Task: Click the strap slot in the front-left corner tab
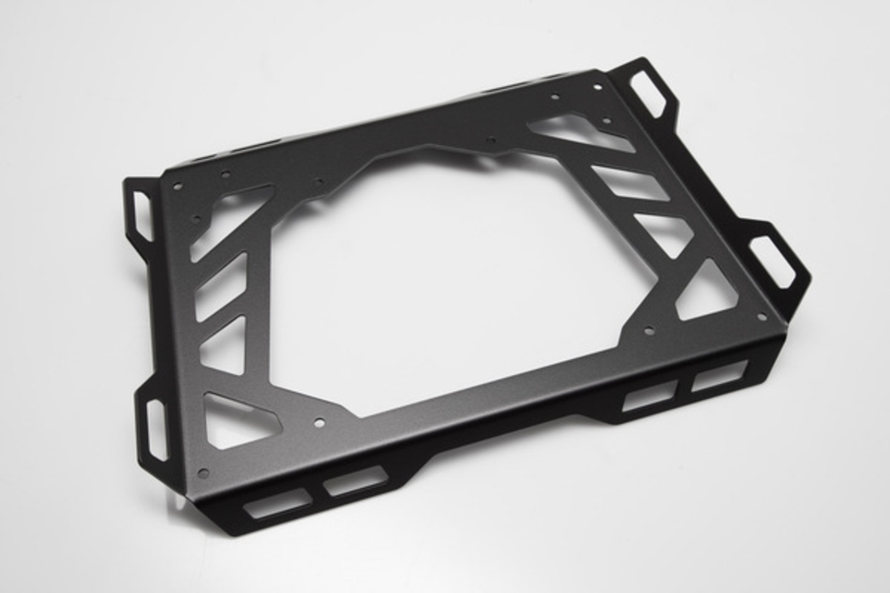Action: [155, 429]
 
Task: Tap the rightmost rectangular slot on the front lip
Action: [719, 376]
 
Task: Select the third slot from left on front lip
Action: [649, 396]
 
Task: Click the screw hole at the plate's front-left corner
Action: [203, 473]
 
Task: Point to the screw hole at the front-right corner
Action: [762, 316]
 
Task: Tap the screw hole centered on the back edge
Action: [490, 141]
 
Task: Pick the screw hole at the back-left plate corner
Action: [177, 186]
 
